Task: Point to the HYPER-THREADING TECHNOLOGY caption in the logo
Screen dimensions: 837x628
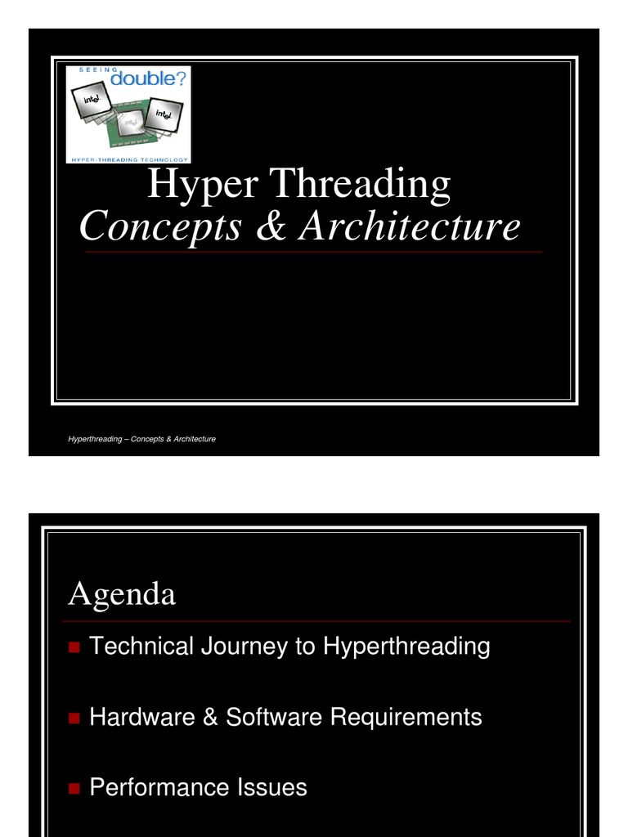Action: click(x=128, y=159)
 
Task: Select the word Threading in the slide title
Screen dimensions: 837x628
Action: click(x=361, y=185)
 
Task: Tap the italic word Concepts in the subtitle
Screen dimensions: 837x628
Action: click(x=160, y=226)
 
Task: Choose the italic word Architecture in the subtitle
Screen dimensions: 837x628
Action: click(x=409, y=226)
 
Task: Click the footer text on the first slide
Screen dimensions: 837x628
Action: click(x=142, y=439)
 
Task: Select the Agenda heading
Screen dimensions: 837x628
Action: click(x=122, y=595)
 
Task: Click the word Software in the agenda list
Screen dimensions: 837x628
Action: click(x=274, y=718)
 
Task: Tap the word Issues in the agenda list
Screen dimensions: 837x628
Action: click(x=272, y=788)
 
